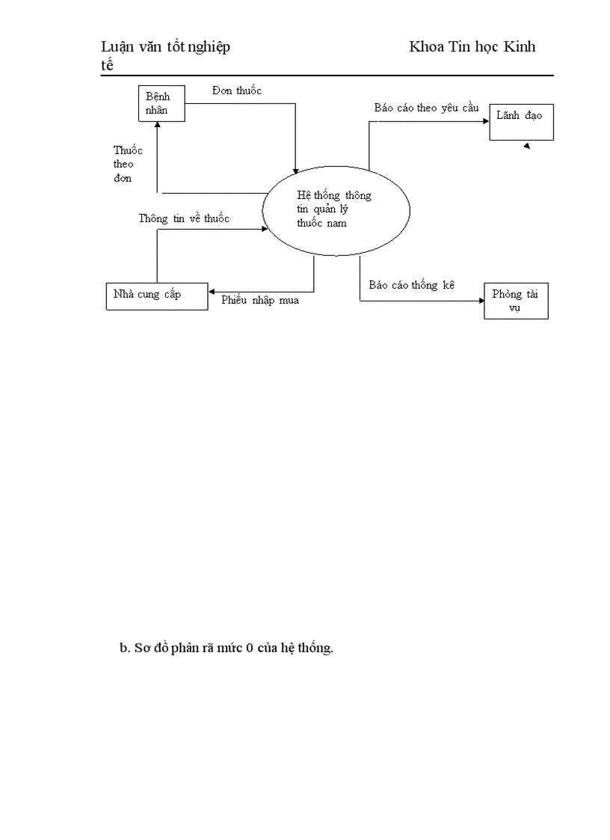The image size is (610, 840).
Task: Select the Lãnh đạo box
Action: click(x=521, y=122)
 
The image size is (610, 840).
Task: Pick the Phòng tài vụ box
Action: click(x=516, y=301)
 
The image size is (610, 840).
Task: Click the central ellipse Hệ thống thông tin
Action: click(x=336, y=209)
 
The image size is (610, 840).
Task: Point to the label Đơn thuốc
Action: click(x=235, y=91)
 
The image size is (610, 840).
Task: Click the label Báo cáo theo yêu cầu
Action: click(x=426, y=108)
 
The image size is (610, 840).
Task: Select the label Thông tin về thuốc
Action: click(x=184, y=219)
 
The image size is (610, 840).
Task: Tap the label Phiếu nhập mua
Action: click(x=260, y=301)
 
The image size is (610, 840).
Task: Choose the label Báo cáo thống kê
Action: click(x=412, y=285)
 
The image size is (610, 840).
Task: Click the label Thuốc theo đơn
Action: click(x=128, y=164)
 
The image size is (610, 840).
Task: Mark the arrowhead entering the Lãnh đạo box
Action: click(x=486, y=117)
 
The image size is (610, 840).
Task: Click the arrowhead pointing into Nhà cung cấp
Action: click(x=212, y=292)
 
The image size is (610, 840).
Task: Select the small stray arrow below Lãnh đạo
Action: click(x=527, y=147)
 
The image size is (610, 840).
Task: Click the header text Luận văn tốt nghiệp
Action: click(x=165, y=47)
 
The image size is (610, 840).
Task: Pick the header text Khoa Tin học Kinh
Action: click(x=472, y=47)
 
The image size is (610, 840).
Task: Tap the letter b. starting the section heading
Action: click(x=124, y=649)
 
